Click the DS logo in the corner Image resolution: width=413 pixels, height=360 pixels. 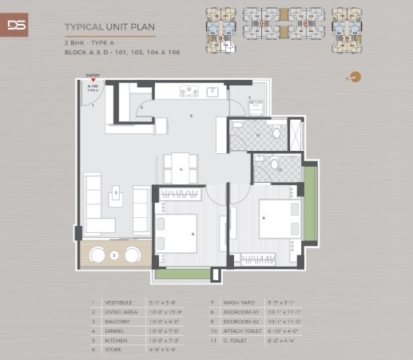tap(16, 24)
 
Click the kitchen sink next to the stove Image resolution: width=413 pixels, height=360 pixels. tap(212, 92)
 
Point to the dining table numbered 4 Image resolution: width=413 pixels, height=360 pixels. tap(181, 168)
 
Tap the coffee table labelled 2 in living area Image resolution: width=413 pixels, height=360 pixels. tap(117, 192)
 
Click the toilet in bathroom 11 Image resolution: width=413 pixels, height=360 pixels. tap(276, 133)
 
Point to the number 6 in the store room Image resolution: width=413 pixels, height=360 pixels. tap(141, 106)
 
